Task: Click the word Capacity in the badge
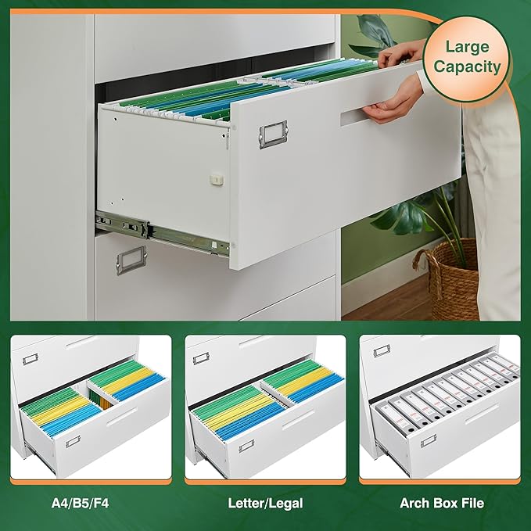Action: (x=467, y=66)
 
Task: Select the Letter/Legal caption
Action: (x=265, y=503)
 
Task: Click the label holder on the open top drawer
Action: (x=274, y=134)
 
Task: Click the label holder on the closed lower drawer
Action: (x=131, y=259)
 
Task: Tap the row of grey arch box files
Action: (x=446, y=395)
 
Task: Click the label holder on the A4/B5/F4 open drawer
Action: (x=72, y=442)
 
